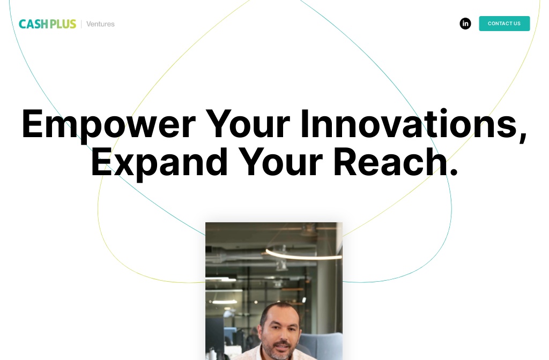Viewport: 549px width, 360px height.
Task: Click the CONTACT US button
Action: coord(504,24)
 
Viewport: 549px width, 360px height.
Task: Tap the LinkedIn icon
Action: coord(465,24)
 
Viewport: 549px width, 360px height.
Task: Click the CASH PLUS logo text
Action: coord(47,24)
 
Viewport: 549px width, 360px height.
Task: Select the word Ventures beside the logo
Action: coord(100,24)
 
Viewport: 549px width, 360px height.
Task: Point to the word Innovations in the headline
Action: coord(410,123)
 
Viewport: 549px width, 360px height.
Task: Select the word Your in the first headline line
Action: coord(248,124)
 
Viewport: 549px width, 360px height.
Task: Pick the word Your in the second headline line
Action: coord(280,162)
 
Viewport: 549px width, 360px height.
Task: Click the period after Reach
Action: coord(453,172)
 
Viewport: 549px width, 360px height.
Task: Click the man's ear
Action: coord(261,331)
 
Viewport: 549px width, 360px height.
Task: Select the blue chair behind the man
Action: coord(318,345)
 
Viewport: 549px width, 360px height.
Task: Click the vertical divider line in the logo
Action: coord(81,24)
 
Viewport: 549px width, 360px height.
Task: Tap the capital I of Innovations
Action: coord(305,124)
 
